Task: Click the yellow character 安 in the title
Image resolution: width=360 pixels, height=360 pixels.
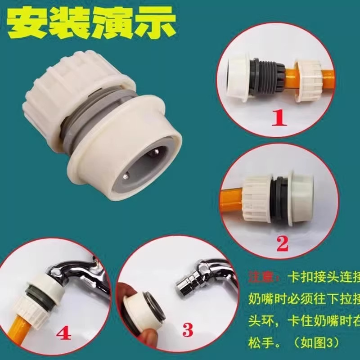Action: coord(28,22)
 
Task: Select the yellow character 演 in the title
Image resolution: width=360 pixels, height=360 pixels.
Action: coord(112,22)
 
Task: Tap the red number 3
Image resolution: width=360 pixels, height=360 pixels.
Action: coord(189,330)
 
